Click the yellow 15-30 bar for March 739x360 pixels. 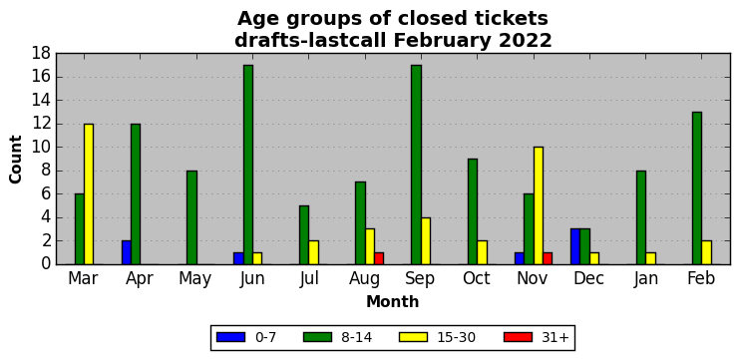click(x=89, y=194)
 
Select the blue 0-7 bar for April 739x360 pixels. click(x=127, y=252)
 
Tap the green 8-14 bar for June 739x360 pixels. click(x=248, y=165)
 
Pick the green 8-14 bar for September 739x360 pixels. click(x=416, y=165)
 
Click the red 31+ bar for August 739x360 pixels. click(x=379, y=258)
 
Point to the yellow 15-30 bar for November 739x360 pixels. click(x=538, y=205)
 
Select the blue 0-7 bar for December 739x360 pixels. click(x=575, y=247)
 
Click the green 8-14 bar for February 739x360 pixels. click(x=696, y=188)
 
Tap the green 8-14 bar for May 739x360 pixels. click(x=191, y=217)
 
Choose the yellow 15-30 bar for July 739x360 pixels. click(x=313, y=252)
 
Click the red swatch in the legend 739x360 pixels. click(x=518, y=337)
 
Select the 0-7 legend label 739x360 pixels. click(x=265, y=337)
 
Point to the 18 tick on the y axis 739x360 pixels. click(x=42, y=54)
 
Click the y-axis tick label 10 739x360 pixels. click(x=42, y=148)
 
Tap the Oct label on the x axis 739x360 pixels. click(x=477, y=278)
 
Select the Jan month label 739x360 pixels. click(x=644, y=278)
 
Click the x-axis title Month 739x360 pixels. click(x=393, y=301)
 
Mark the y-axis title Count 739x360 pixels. click(x=16, y=160)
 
